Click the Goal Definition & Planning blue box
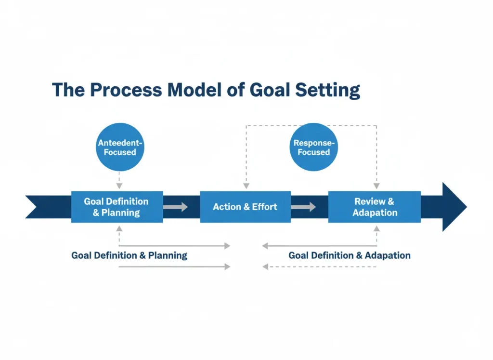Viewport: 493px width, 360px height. (x=117, y=207)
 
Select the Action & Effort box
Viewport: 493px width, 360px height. (x=245, y=207)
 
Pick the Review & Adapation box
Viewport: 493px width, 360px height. (x=375, y=207)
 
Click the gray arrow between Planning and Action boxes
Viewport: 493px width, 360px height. (x=175, y=207)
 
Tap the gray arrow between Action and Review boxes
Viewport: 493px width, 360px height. (x=303, y=207)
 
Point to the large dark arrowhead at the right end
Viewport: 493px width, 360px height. (x=453, y=207)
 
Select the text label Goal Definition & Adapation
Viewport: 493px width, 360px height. (x=349, y=255)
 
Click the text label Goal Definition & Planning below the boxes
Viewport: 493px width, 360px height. (x=129, y=255)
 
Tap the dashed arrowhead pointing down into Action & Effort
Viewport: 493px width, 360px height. (x=246, y=186)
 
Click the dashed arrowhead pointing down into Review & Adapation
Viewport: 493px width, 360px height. (x=376, y=186)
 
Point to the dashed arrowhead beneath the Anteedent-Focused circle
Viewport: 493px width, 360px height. (x=119, y=186)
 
